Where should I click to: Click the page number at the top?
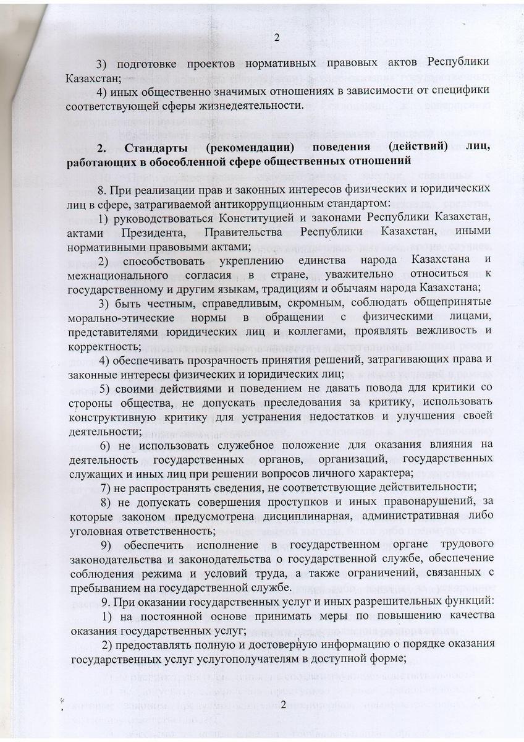277,38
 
